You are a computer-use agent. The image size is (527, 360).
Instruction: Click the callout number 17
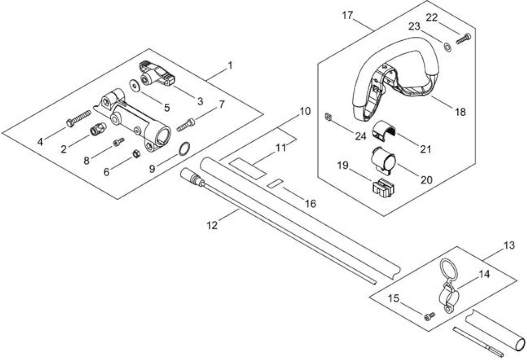click(x=347, y=16)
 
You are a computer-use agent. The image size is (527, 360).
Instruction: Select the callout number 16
click(x=310, y=203)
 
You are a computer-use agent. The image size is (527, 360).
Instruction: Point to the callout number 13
click(x=509, y=245)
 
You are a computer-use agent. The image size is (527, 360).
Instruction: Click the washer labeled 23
click(x=447, y=47)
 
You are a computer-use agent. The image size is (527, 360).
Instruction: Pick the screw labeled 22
click(x=464, y=39)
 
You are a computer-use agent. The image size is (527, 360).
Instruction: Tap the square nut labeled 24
click(x=328, y=117)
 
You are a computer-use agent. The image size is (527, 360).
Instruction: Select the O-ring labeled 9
click(x=184, y=149)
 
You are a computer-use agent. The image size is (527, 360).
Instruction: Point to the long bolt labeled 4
click(x=79, y=119)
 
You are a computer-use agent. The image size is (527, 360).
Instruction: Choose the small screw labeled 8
click(x=119, y=142)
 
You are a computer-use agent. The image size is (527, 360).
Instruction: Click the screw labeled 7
click(x=186, y=125)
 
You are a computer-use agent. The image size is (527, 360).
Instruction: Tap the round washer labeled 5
click(x=135, y=86)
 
